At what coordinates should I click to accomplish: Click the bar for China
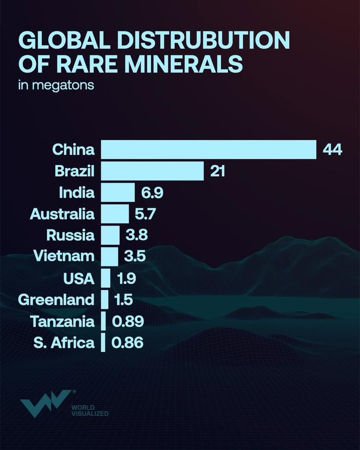click(x=208, y=150)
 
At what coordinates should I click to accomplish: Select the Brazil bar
click(x=152, y=171)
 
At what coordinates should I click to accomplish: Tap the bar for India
click(x=118, y=193)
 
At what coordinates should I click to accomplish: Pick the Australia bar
click(x=115, y=214)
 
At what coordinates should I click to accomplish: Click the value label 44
click(x=332, y=150)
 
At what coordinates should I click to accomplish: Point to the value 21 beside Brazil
click(x=217, y=171)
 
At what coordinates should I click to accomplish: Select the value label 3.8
click(x=136, y=236)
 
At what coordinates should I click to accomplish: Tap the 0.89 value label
click(x=128, y=321)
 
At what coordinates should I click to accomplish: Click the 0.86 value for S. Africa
click(x=127, y=343)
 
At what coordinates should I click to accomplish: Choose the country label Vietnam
click(x=64, y=257)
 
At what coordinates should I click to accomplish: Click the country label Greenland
click(x=56, y=300)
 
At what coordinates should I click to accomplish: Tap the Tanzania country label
click(x=62, y=321)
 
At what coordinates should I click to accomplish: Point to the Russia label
click(x=71, y=236)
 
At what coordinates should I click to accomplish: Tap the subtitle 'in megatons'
click(x=56, y=86)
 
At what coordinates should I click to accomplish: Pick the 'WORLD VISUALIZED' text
click(x=90, y=410)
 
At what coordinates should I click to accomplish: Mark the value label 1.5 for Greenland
click(x=123, y=300)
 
